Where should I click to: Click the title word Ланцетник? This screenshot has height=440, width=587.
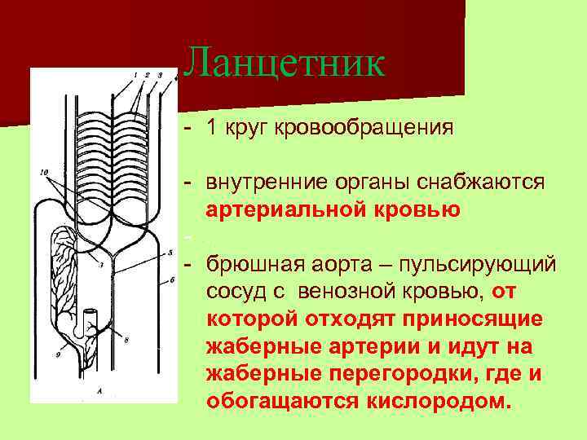(284, 63)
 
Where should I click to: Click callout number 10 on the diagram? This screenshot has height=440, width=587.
(43, 172)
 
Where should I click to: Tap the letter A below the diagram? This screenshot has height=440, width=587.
(99, 391)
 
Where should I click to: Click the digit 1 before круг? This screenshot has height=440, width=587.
(211, 128)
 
